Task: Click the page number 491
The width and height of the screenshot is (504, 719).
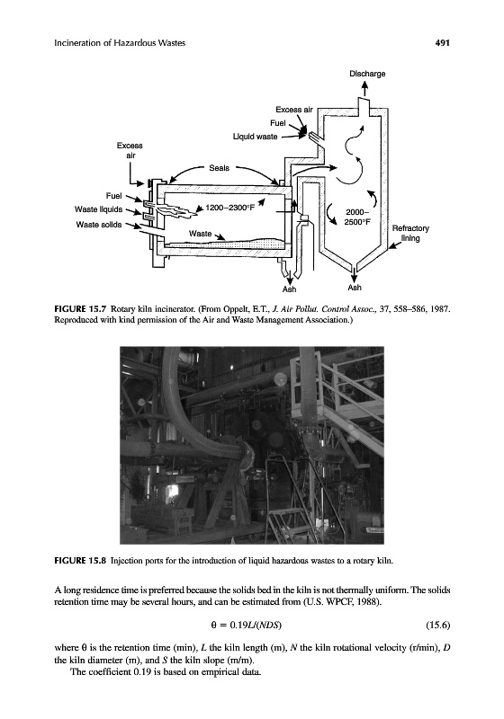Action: [442, 42]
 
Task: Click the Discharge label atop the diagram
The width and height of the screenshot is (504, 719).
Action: [367, 74]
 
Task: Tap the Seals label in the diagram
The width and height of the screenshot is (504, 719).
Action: [219, 168]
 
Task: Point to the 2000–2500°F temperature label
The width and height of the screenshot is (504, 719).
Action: [357, 217]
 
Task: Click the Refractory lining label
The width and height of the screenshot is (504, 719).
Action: [410, 233]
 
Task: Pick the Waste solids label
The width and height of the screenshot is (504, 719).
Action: [99, 224]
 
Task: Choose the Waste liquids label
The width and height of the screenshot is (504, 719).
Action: [99, 209]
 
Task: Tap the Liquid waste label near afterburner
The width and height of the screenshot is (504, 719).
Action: [256, 137]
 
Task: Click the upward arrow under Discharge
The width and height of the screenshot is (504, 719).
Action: [365, 89]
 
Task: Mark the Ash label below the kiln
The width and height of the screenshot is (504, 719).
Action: [289, 289]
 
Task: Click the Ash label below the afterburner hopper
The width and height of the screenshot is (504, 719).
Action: [355, 288]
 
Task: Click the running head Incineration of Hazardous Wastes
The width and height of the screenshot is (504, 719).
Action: [120, 43]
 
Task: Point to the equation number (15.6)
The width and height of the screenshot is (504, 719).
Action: [438, 625]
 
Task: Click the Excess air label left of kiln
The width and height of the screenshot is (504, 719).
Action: [130, 150]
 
